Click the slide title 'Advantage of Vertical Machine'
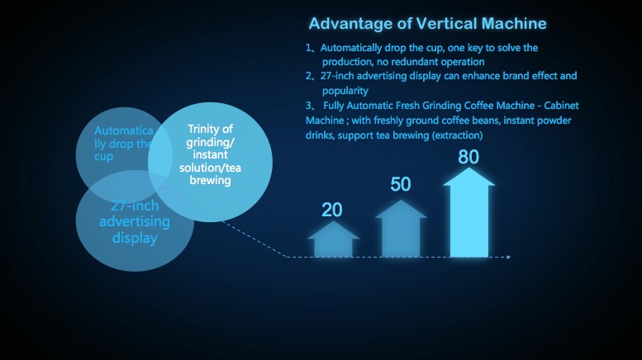[x=427, y=24]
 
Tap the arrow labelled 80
[x=469, y=212]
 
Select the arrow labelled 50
[x=401, y=228]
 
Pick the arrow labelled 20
[x=333, y=239]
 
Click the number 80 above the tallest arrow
[x=468, y=157]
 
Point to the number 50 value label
[x=401, y=184]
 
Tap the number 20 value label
[x=331, y=210]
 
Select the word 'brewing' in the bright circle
[x=210, y=180]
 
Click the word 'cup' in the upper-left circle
[x=103, y=157]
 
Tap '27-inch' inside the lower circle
[x=135, y=206]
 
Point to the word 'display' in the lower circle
[x=135, y=238]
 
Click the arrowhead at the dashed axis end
[x=508, y=257]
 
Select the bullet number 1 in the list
[x=308, y=48]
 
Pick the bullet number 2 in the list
[x=308, y=76]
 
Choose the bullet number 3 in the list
[x=308, y=106]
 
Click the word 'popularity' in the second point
[x=345, y=91]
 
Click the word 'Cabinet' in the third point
[x=561, y=106]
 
